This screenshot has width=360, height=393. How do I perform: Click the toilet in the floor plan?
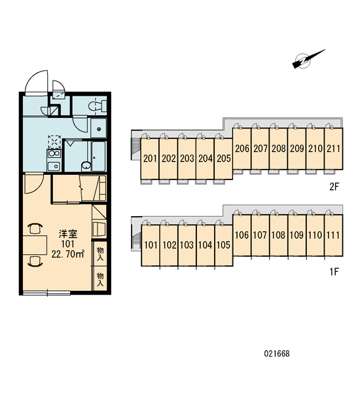(x=98, y=105)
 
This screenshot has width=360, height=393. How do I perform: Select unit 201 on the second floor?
(x=150, y=159)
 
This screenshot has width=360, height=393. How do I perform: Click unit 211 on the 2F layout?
(x=333, y=149)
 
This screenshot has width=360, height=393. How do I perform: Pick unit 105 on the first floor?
(x=224, y=245)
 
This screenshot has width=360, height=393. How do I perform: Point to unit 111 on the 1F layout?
(x=333, y=235)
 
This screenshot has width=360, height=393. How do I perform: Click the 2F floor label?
(x=334, y=187)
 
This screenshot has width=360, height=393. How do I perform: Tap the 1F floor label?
(x=334, y=271)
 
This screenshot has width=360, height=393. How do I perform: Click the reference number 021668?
(x=277, y=354)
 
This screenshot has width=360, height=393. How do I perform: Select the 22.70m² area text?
(x=67, y=254)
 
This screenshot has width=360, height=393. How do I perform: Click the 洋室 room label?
(x=68, y=234)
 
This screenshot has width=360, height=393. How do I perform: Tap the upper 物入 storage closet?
(x=100, y=253)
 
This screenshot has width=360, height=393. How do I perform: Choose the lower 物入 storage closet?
(x=100, y=279)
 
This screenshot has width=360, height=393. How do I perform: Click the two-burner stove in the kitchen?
(x=54, y=153)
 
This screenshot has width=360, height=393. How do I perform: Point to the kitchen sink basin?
(x=54, y=166)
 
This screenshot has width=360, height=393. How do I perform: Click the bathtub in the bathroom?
(x=99, y=157)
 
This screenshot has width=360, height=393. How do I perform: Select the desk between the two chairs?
(x=35, y=245)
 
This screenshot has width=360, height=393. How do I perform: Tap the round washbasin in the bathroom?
(x=86, y=166)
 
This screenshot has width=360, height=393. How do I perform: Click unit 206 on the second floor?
(x=242, y=149)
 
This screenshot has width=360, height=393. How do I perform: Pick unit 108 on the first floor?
(x=278, y=235)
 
